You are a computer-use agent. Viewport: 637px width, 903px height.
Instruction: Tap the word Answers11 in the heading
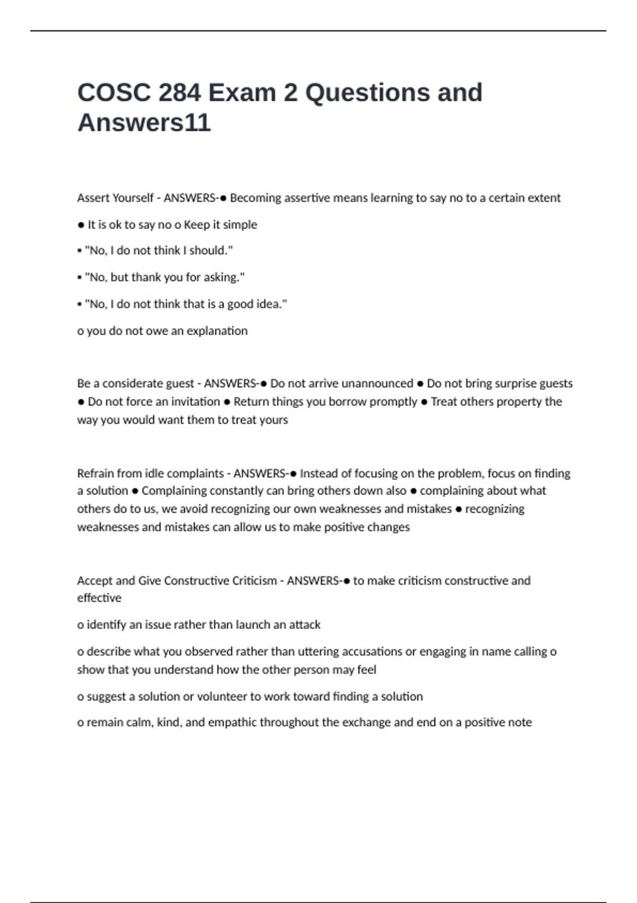[x=144, y=123]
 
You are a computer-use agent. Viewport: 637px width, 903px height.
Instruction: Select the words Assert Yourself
[x=115, y=198]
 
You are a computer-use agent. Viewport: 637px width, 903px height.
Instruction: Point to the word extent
[x=544, y=198]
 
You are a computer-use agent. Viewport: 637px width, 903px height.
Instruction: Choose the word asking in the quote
[x=223, y=277]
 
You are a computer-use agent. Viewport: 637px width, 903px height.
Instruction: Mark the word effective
[x=99, y=598]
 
